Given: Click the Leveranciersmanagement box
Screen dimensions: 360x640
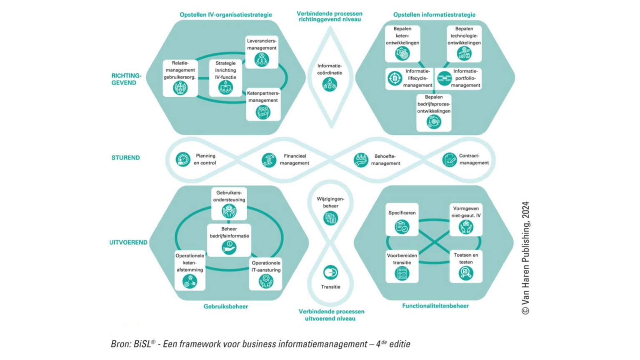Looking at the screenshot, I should tap(262, 52).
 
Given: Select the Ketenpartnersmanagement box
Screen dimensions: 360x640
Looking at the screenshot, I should tap(263, 104).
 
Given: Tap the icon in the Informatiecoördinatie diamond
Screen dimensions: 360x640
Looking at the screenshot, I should tap(330, 85).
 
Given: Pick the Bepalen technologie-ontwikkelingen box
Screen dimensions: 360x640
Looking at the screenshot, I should tap(464, 44).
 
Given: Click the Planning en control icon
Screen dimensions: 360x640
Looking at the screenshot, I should tap(182, 159).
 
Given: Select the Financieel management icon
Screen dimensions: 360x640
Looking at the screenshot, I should tap(269, 160).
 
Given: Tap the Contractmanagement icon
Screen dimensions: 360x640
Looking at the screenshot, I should tap(449, 160).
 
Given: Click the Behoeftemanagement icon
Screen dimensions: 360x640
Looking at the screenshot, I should tap(361, 160).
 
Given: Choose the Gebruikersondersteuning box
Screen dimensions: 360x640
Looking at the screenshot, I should tap(229, 204).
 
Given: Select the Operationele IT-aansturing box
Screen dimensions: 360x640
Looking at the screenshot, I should tap(265, 274).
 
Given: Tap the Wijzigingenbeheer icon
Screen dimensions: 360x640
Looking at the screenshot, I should tap(330, 218).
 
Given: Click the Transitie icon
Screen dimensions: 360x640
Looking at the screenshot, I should tap(330, 272).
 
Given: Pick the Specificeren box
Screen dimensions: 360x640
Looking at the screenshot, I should tap(402, 220).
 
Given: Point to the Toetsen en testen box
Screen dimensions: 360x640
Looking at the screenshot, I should tap(466, 267).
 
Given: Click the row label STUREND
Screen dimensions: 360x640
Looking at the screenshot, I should tap(125, 158).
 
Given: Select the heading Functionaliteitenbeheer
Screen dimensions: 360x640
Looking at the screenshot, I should tap(435, 306).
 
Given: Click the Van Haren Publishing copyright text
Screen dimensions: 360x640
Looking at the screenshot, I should tap(525, 258).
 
